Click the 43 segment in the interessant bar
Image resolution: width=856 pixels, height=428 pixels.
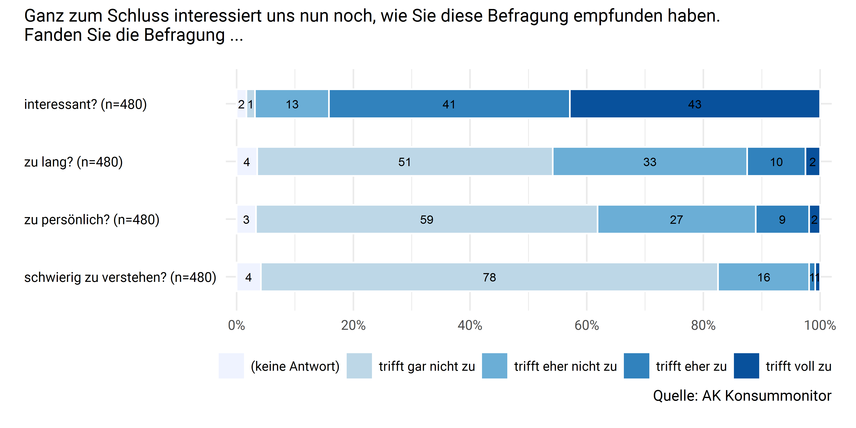pyautogui.click(x=695, y=104)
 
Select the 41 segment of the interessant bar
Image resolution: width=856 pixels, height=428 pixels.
pyautogui.click(x=449, y=104)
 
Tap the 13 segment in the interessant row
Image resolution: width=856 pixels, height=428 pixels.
pyautogui.click(x=292, y=104)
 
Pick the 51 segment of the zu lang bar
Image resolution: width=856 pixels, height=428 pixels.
pyautogui.click(x=404, y=162)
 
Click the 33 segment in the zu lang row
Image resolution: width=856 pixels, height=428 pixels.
pyautogui.click(x=650, y=162)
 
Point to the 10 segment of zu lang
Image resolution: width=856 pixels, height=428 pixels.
pyautogui.click(x=776, y=162)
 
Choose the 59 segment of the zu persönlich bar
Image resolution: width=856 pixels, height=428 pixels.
pyautogui.click(x=427, y=219)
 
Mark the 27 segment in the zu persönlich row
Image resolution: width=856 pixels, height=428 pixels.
pyautogui.click(x=676, y=219)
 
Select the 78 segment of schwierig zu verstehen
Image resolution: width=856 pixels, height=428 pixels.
pyautogui.click(x=489, y=277)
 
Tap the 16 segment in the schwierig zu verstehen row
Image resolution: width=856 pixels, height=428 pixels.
pyautogui.click(x=763, y=277)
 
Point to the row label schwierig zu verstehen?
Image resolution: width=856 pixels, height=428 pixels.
pyautogui.click(x=120, y=277)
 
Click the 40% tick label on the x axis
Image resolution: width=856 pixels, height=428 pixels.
pyautogui.click(x=470, y=325)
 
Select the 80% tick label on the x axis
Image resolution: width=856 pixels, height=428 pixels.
pyautogui.click(x=703, y=325)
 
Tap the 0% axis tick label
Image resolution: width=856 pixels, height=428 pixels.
pyautogui.click(x=236, y=325)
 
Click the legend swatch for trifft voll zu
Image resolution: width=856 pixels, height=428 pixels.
pyautogui.click(x=746, y=366)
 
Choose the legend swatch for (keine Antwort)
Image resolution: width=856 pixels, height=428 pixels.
pyautogui.click(x=231, y=366)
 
